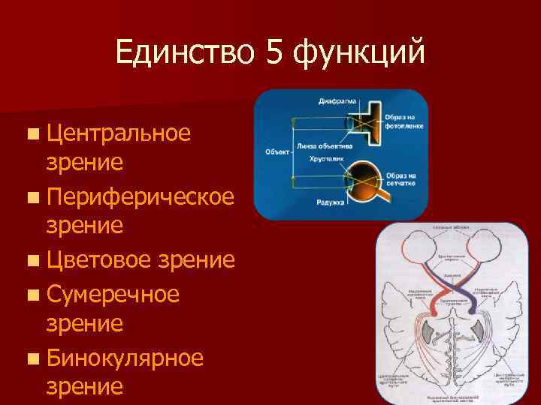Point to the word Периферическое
[x=139, y=197]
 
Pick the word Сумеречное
[x=113, y=293]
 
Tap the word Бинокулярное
[x=124, y=357]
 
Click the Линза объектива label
[x=323, y=145]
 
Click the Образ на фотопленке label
[x=405, y=122]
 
